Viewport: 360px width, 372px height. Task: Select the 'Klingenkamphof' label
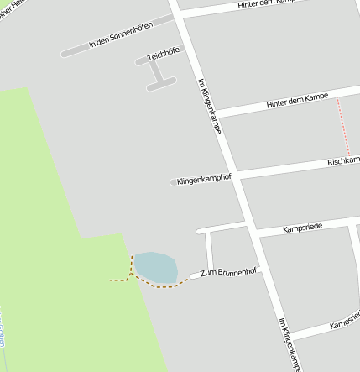point(204,180)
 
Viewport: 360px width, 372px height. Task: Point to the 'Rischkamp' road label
point(343,160)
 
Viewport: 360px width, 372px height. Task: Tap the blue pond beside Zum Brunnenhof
point(156,267)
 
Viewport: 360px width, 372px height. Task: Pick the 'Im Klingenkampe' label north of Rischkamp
point(209,107)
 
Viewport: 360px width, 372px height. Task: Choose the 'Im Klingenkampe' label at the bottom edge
point(289,344)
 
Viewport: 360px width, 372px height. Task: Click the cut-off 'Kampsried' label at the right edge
point(345,323)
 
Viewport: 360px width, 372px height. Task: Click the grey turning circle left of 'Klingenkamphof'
point(174,182)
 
